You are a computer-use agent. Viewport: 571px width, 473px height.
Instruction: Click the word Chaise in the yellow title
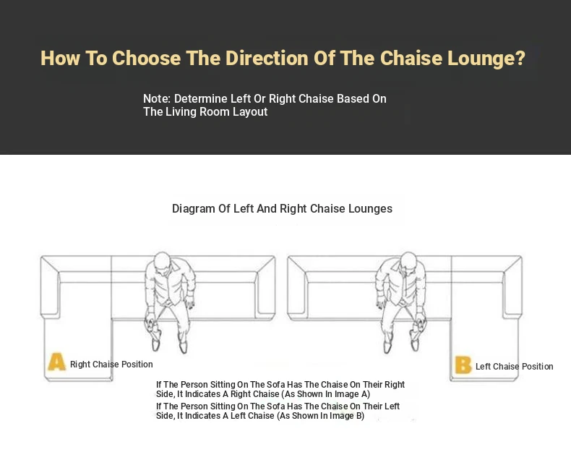tap(411, 59)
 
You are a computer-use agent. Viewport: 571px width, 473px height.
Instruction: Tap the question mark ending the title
tap(520, 59)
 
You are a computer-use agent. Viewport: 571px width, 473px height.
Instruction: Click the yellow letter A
tap(57, 362)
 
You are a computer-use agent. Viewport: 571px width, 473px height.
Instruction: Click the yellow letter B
tap(463, 365)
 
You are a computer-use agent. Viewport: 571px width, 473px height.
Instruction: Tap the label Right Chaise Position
tap(111, 365)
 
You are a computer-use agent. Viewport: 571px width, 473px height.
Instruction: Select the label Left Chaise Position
tap(514, 367)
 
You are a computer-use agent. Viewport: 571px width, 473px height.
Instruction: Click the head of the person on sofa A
tap(162, 261)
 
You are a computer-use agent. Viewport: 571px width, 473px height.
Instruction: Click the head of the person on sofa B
tap(408, 261)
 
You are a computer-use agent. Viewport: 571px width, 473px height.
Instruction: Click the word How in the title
tap(60, 59)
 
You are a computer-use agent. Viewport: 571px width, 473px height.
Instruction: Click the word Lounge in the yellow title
tap(481, 59)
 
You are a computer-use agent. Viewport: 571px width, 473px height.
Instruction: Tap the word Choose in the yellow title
tap(147, 59)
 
